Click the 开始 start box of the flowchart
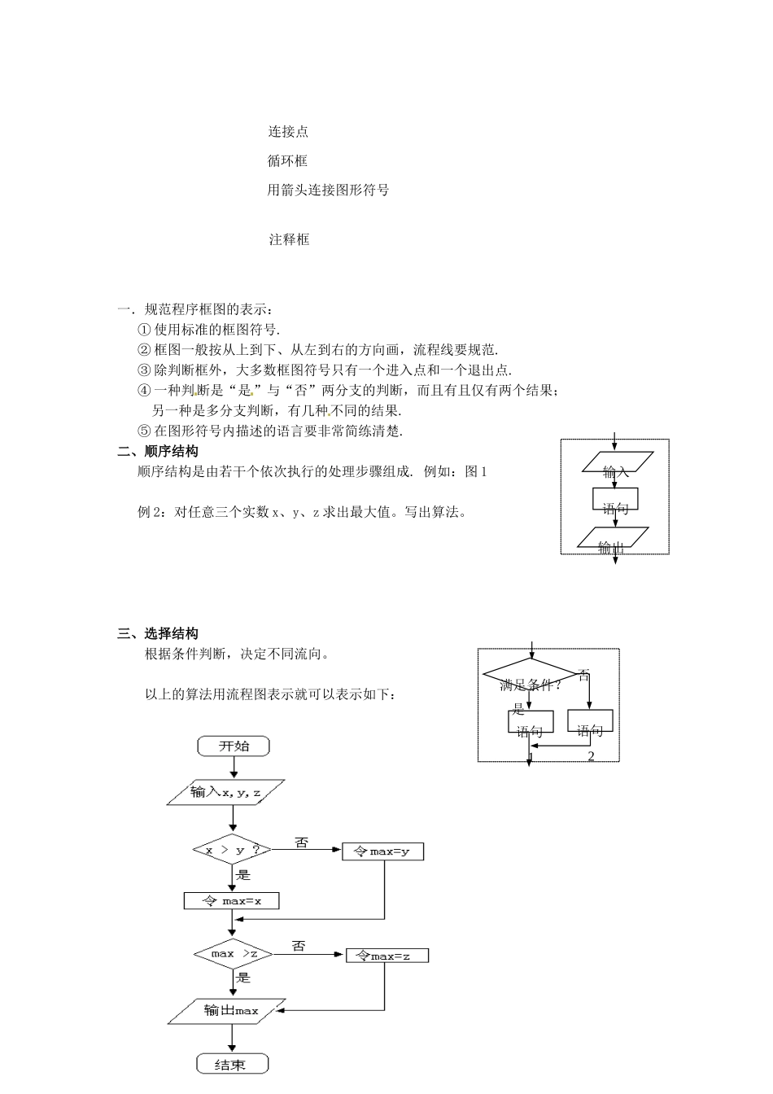tap(234, 746)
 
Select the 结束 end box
tap(233, 1064)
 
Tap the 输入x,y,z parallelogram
tap(225, 792)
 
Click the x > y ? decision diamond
tap(233, 850)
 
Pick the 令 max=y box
tap(382, 851)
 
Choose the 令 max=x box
tap(232, 900)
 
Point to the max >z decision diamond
tap(234, 953)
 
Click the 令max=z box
tap(386, 956)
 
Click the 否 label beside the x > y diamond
tap(302, 843)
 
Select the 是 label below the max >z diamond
tap(243, 978)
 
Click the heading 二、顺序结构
tap(158, 451)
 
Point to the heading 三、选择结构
tap(158, 633)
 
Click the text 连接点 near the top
tap(288, 132)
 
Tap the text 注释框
tap(289, 239)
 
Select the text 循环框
tap(288, 160)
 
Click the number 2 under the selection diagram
tap(591, 756)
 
